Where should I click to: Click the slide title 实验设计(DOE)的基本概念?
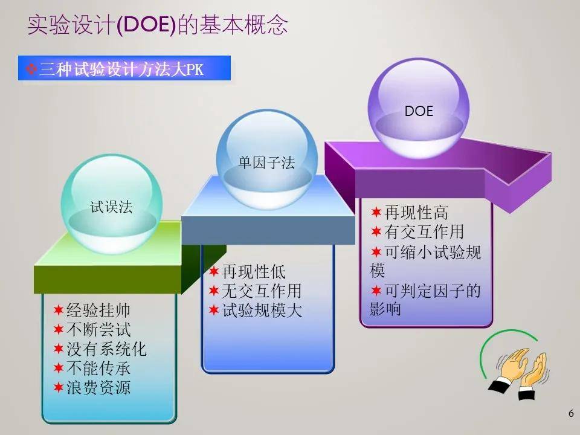(158, 25)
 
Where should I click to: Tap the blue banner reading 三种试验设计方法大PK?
(124, 68)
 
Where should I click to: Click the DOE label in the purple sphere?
(419, 111)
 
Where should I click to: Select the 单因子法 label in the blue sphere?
(266, 163)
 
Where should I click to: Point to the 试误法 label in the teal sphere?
(111, 207)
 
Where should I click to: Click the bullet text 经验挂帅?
(98, 310)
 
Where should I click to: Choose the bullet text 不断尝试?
(98, 329)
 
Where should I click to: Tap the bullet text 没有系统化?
(106, 349)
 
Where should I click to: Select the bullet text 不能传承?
(98, 368)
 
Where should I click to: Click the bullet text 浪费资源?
(98, 387)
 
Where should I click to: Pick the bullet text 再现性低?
(254, 271)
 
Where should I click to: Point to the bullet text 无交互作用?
(262, 291)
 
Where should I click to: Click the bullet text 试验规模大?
(262, 310)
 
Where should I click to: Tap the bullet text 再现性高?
(416, 212)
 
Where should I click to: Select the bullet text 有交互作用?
(424, 231)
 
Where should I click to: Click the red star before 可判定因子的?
(376, 291)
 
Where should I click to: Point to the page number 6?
(571, 413)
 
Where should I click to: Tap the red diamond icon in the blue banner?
(31, 68)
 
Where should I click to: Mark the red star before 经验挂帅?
(59, 310)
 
